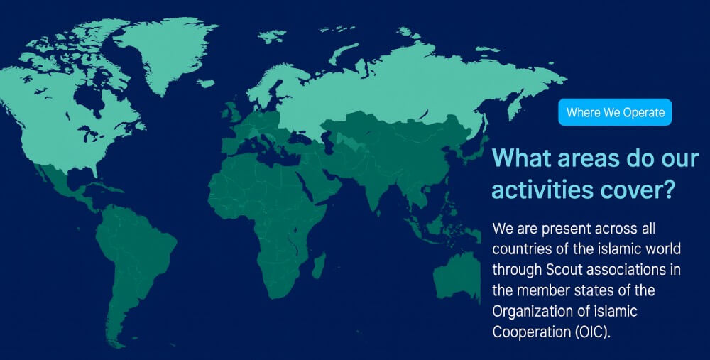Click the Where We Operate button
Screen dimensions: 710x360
pyautogui.click(x=614, y=112)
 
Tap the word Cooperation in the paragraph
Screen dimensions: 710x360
pyautogui.click(x=532, y=332)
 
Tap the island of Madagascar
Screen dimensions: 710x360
pyautogui.click(x=319, y=266)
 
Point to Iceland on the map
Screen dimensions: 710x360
pyautogui.click(x=206, y=83)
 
